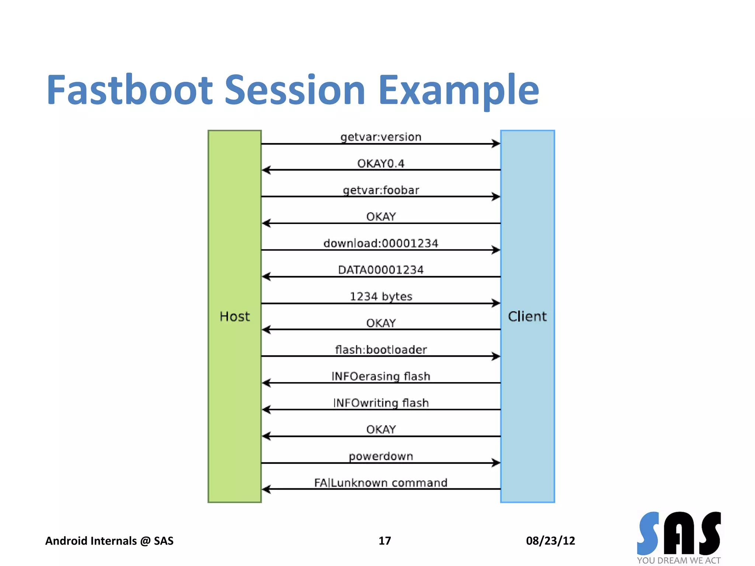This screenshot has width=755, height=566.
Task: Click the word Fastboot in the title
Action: pyautogui.click(x=130, y=90)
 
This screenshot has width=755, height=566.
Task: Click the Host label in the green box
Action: pyautogui.click(x=234, y=317)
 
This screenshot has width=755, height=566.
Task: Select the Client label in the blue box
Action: pyautogui.click(x=527, y=317)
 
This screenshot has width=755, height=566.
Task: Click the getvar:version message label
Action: pyautogui.click(x=381, y=137)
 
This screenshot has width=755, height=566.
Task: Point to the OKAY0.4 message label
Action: pyautogui.click(x=381, y=164)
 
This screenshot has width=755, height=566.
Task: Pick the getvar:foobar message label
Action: pyautogui.click(x=381, y=190)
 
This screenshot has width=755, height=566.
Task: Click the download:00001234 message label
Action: pyautogui.click(x=381, y=243)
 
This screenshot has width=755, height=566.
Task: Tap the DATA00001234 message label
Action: pyautogui.click(x=381, y=270)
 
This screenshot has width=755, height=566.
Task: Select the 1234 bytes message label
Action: pyautogui.click(x=381, y=296)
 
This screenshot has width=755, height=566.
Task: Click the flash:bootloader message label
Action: pyautogui.click(x=381, y=349)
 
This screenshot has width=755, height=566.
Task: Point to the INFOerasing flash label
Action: pyautogui.click(x=381, y=376)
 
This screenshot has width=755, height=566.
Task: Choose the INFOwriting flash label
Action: pyautogui.click(x=381, y=403)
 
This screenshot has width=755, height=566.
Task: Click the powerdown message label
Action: pyautogui.click(x=381, y=456)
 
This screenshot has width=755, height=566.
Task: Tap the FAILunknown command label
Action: pyautogui.click(x=381, y=483)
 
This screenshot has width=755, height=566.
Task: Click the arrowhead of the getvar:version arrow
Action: pyautogui.click(x=496, y=144)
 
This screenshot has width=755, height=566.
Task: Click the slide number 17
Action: pyautogui.click(x=385, y=541)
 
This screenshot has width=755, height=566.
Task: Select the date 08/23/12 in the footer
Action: pyautogui.click(x=550, y=541)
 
